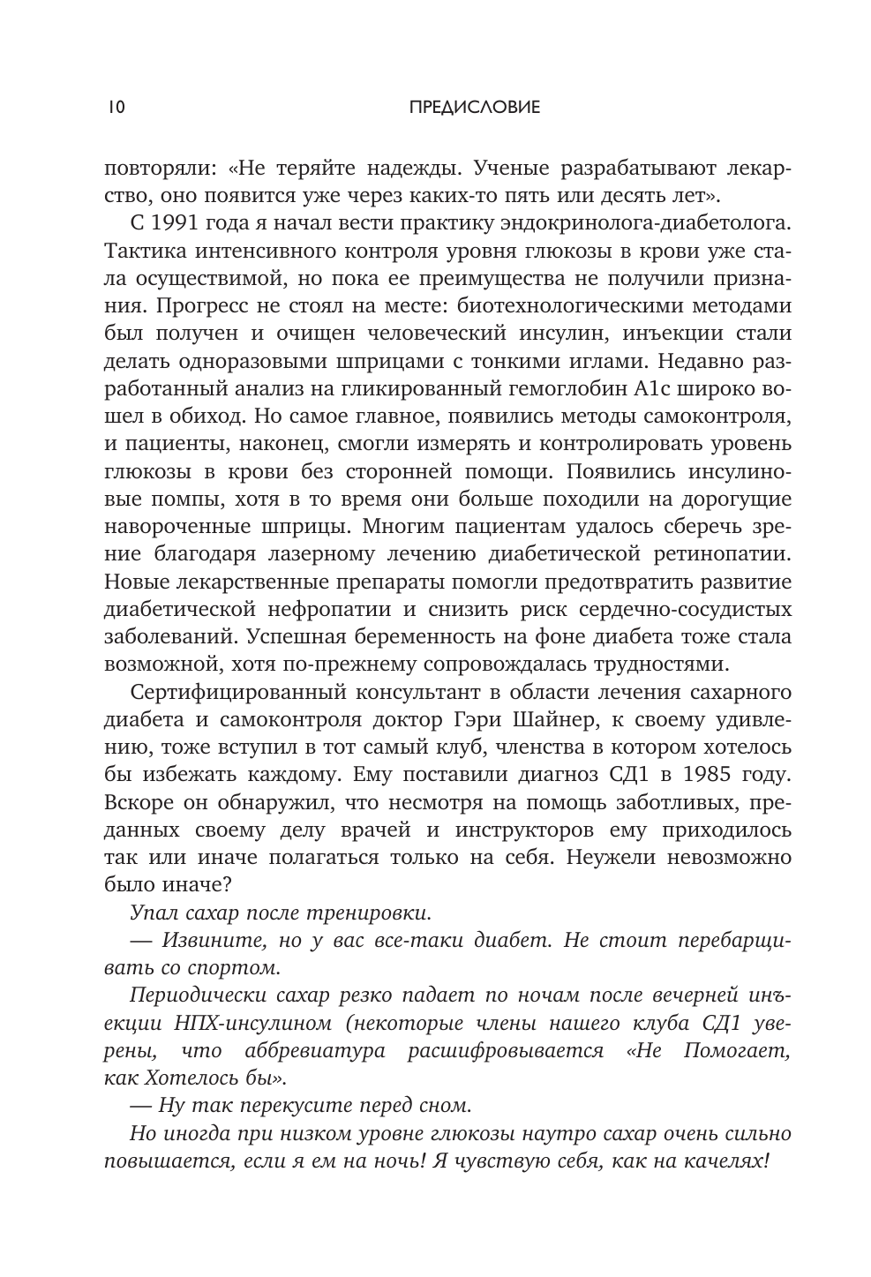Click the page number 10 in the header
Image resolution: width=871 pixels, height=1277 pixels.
(x=115, y=108)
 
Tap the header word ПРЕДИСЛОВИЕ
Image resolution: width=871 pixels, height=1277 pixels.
(x=462, y=108)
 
